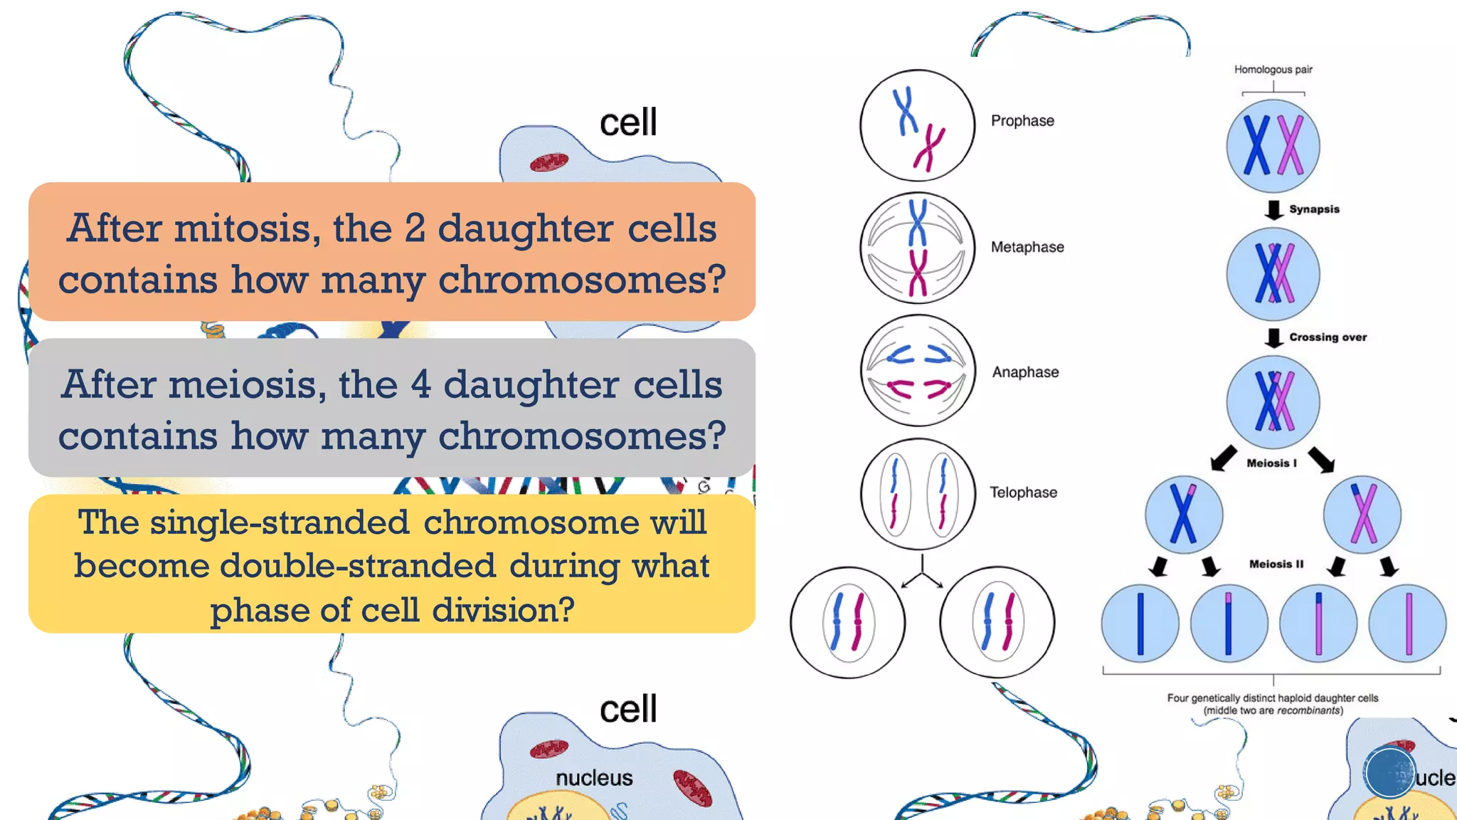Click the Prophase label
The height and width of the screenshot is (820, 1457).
1022,121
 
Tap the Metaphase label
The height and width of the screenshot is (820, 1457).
1027,247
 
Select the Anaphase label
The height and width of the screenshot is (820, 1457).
1025,372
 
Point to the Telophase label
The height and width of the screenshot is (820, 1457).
1023,493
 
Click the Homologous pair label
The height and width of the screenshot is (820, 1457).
1273,70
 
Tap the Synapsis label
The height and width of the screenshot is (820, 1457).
1314,209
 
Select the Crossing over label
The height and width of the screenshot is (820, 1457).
1328,337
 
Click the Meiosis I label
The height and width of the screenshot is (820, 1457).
1271,463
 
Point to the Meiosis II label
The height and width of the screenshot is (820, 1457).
1276,564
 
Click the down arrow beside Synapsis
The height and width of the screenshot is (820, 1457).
1273,210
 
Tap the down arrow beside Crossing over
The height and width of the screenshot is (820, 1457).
1273,337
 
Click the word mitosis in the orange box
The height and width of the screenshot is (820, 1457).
243,228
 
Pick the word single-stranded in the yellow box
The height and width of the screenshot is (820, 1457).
279,522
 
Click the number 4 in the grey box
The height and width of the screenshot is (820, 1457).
420,385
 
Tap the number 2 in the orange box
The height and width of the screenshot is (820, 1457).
415,228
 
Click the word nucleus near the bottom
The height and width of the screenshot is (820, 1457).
594,778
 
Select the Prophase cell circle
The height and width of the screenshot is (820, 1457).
917,125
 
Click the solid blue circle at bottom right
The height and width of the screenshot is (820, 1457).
1389,772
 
